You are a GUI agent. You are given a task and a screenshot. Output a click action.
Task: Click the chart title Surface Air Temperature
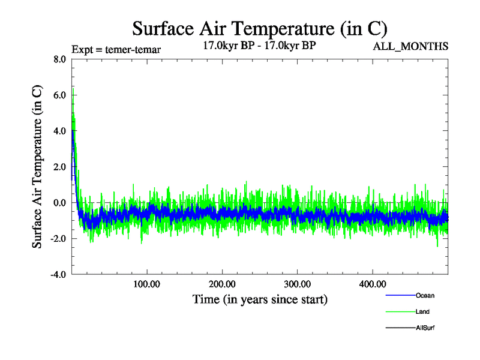click(x=259, y=28)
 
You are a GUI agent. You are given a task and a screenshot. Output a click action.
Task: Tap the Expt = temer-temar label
click(x=115, y=49)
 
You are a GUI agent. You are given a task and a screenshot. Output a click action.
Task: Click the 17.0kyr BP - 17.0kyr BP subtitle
click(x=260, y=45)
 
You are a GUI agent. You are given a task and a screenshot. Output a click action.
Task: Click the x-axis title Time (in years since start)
click(x=260, y=299)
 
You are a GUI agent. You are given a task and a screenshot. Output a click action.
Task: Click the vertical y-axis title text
click(x=37, y=167)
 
